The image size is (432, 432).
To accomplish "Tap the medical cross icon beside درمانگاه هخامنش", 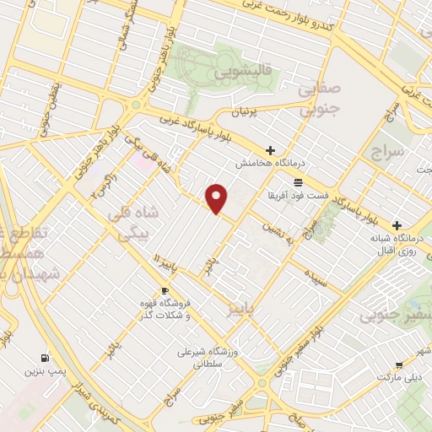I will [270, 150].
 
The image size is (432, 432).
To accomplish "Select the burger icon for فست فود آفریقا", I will [297, 182].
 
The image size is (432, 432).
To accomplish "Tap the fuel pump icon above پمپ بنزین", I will [45, 358].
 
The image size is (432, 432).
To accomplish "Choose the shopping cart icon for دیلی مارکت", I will [398, 365].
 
